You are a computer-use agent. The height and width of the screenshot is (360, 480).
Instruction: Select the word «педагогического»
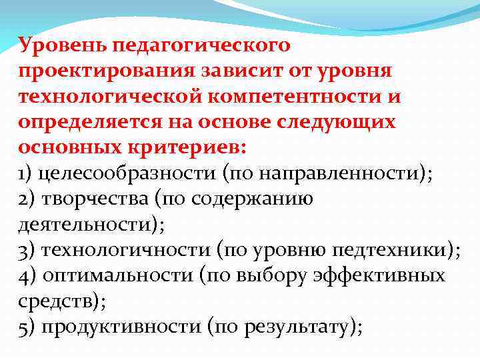(204, 46)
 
